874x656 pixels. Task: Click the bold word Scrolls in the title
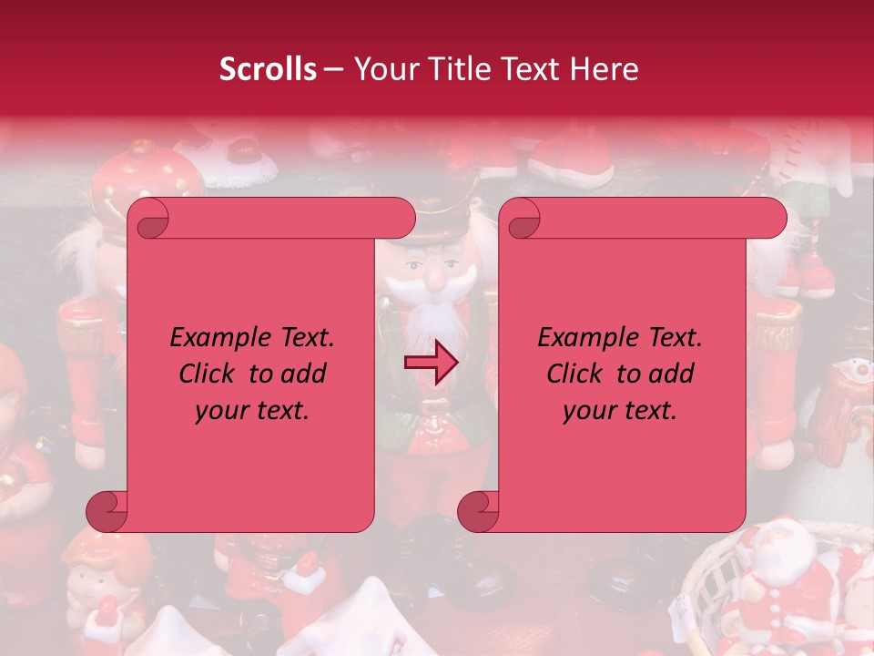(268, 69)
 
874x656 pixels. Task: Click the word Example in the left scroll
(216, 338)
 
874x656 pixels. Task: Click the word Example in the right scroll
(584, 338)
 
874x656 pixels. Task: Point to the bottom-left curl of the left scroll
(107, 510)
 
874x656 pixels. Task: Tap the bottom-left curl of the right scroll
(477, 510)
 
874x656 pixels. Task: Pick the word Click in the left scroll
(210, 374)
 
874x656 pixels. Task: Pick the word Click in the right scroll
(578, 374)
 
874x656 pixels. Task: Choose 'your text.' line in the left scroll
(252, 410)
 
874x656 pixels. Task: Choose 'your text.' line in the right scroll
(620, 410)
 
